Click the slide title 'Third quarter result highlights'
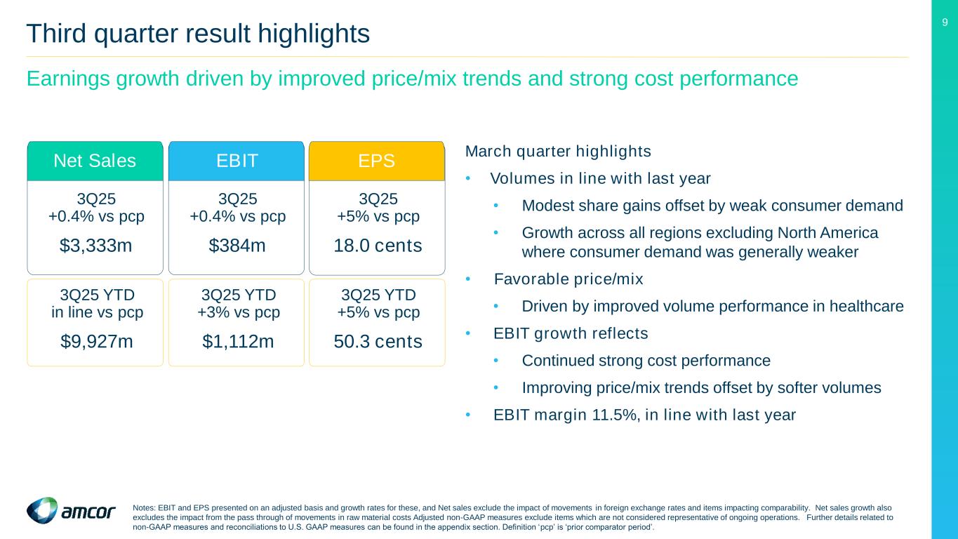click(x=198, y=33)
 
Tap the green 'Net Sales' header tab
click(x=95, y=161)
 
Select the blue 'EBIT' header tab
click(x=237, y=161)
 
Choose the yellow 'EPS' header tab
click(x=377, y=161)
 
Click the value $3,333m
click(x=95, y=246)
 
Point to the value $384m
click(x=237, y=246)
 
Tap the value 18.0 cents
click(x=378, y=246)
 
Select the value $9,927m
click(x=95, y=342)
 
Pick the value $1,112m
click(x=237, y=342)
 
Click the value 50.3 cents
click(x=378, y=342)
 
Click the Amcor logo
click(x=71, y=511)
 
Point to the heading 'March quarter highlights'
click(x=558, y=152)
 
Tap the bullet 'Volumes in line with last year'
click(x=600, y=179)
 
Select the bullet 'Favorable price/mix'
click(x=568, y=279)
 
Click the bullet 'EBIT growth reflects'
click(x=571, y=333)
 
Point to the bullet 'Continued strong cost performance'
click(x=646, y=361)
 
